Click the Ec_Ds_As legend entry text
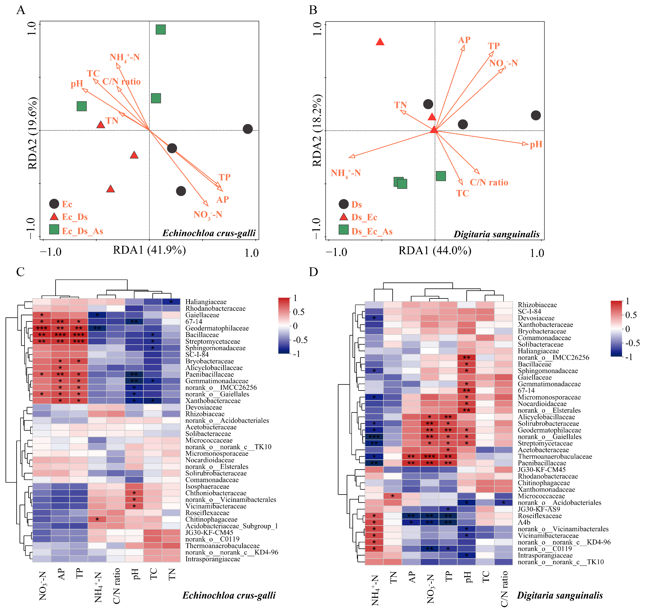(x=82, y=231)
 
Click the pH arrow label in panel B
(x=536, y=144)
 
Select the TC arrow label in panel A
(x=93, y=73)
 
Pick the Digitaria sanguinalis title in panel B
(x=496, y=234)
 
